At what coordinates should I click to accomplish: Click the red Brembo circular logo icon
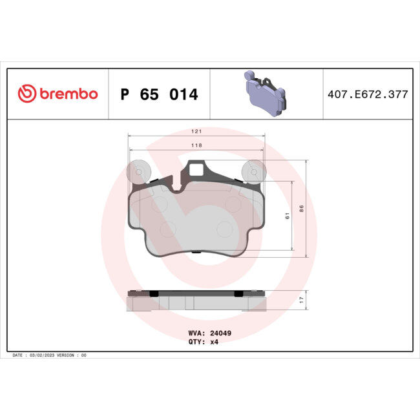(x=26, y=94)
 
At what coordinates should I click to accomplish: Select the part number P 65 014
(x=160, y=95)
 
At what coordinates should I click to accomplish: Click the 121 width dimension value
(x=197, y=131)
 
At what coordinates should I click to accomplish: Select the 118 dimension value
(x=197, y=145)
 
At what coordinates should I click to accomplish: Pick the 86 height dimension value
(x=300, y=208)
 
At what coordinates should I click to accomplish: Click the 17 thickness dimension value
(x=300, y=300)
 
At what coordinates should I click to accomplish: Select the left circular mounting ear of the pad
(x=138, y=173)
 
